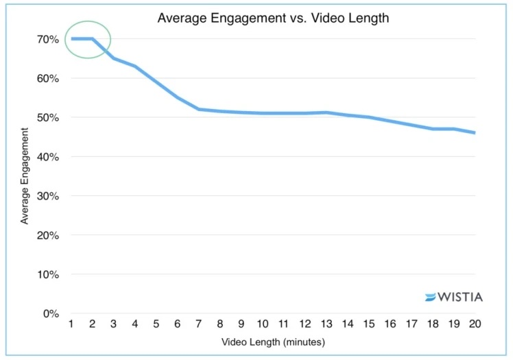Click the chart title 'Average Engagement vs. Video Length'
(x=273, y=19)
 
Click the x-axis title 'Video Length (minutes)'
(x=272, y=341)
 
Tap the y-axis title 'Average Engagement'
(x=25, y=176)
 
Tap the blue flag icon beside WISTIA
(x=431, y=297)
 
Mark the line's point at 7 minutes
(x=198, y=109)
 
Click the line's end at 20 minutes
(x=474, y=132)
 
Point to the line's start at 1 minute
(x=71, y=39)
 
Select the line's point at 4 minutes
(x=134, y=66)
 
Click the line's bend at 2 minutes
(x=92, y=39)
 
